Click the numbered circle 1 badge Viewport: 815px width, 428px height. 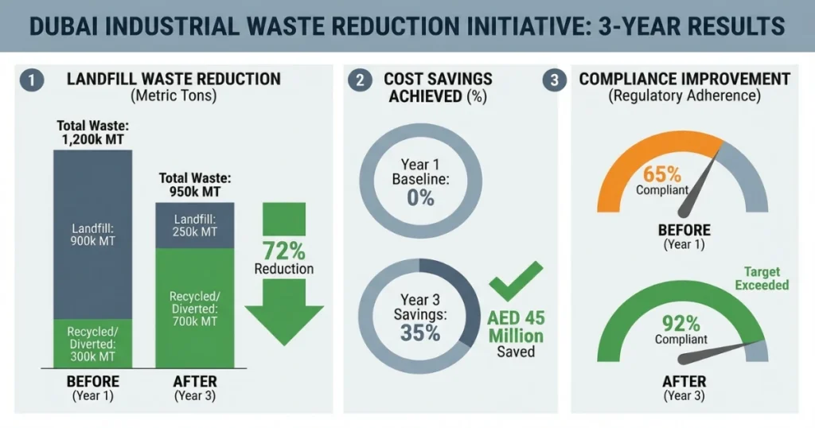pos(30,81)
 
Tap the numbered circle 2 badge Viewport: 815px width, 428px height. pos(361,80)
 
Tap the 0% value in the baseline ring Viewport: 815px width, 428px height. pos(420,196)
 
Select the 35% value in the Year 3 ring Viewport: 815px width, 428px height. pos(420,332)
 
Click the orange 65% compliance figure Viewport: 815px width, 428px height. pos(663,173)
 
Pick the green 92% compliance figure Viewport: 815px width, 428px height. pos(681,323)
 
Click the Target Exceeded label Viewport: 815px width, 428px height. pos(761,278)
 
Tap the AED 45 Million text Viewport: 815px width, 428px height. pos(517,327)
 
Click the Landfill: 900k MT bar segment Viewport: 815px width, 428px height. pos(92,234)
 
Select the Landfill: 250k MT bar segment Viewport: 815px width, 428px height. pos(195,225)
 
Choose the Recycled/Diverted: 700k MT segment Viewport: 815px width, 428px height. pos(195,309)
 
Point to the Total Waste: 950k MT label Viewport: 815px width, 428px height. pos(195,185)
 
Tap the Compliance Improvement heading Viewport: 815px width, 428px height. pos(684,80)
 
